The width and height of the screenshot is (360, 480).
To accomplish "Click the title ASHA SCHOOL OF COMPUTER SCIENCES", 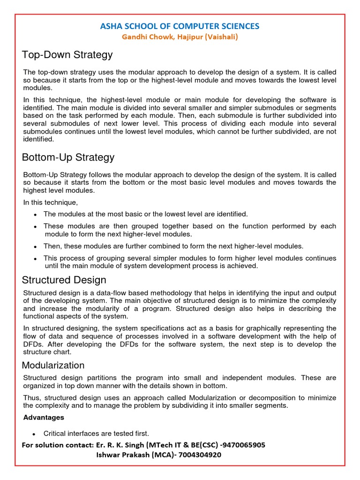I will click(x=180, y=26).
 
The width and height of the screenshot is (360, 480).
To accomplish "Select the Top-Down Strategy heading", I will click(x=67, y=55).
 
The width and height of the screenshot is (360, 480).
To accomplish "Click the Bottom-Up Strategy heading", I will click(x=68, y=157).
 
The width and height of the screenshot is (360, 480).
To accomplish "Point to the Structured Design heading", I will click(x=64, y=280).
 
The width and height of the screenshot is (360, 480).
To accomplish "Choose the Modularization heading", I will click(x=53, y=365).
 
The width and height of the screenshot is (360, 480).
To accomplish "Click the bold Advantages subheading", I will click(x=44, y=417).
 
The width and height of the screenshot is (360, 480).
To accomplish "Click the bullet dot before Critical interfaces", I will click(x=36, y=434).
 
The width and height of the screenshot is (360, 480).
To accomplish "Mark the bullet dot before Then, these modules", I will click(x=36, y=246).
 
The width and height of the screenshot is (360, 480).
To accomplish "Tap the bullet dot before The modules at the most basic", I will click(x=36, y=214).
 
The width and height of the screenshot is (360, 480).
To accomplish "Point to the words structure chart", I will click(x=47, y=352).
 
